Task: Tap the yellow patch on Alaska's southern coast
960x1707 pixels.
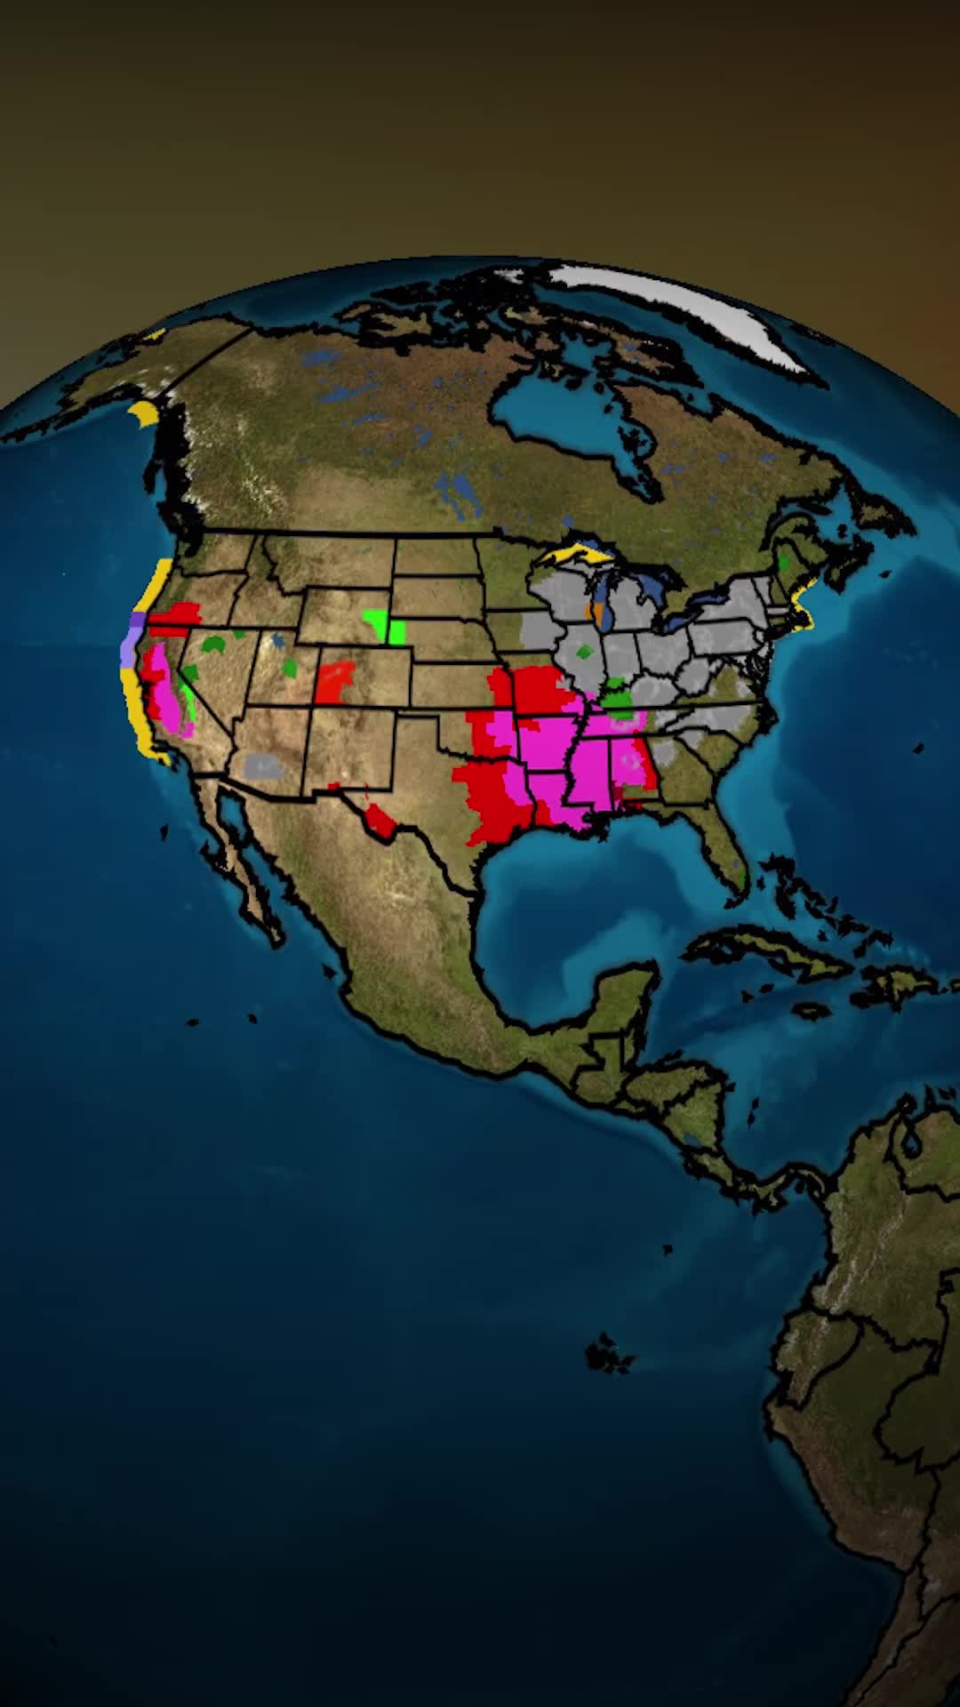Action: (142, 414)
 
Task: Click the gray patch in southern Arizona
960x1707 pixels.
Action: (263, 765)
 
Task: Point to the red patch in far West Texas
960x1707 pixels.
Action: (380, 820)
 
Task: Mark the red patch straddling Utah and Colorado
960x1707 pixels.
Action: (335, 681)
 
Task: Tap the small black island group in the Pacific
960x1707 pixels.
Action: (609, 1356)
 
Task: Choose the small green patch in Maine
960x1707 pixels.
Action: (784, 562)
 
